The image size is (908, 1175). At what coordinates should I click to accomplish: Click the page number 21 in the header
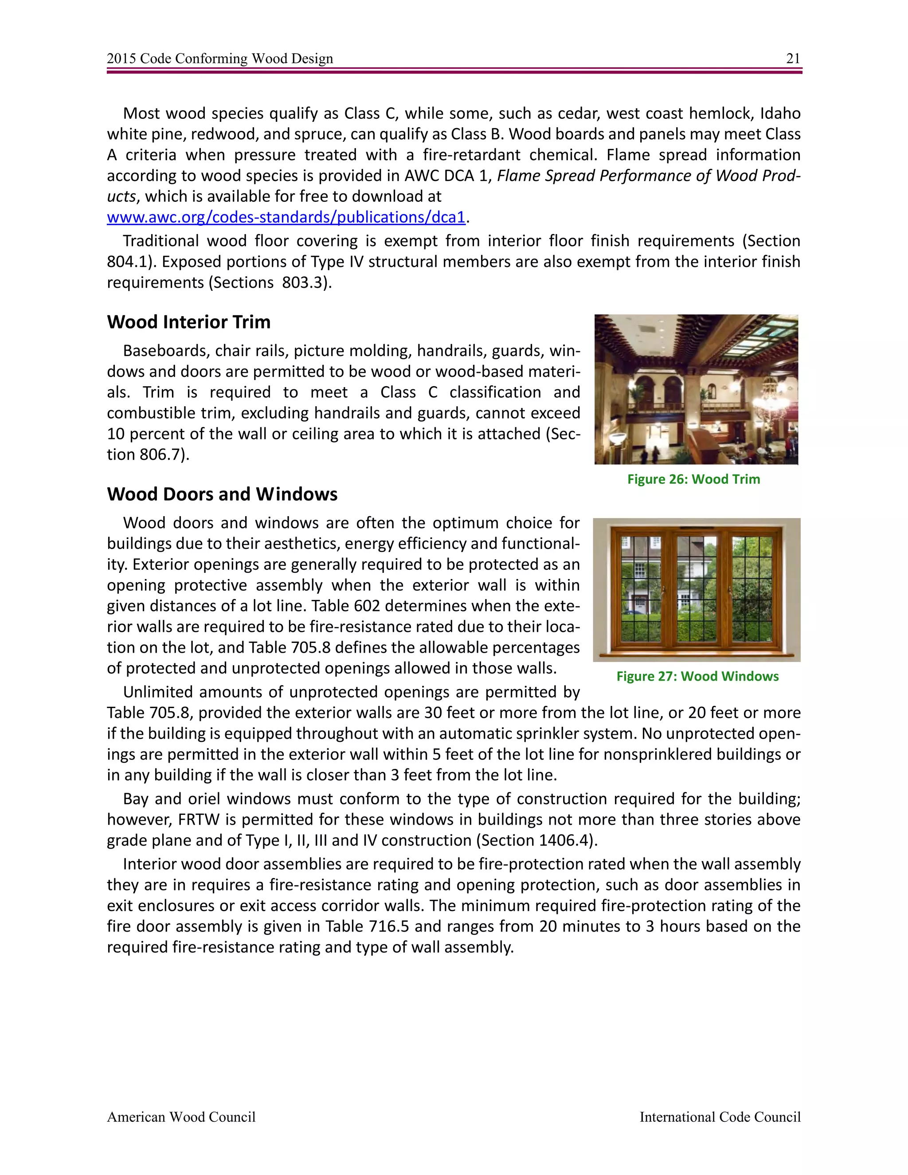(x=793, y=59)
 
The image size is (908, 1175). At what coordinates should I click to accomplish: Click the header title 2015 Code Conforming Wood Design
(x=219, y=59)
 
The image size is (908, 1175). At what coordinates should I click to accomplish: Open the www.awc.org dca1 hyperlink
(x=286, y=217)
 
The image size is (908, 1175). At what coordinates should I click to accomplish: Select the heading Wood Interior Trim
(x=189, y=322)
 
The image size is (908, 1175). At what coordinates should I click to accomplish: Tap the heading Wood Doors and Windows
(x=222, y=494)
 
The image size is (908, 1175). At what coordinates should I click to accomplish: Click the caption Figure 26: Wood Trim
(x=693, y=479)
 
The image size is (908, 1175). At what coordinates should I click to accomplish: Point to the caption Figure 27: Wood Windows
(x=697, y=676)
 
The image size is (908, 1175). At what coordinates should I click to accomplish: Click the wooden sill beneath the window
(x=696, y=655)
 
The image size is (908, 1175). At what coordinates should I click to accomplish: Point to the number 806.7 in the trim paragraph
(x=159, y=454)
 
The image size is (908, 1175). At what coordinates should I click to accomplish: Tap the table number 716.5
(x=390, y=926)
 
